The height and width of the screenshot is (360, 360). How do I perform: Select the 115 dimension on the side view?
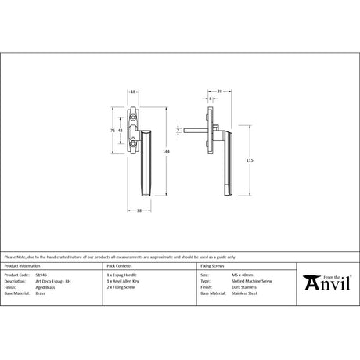click(249, 160)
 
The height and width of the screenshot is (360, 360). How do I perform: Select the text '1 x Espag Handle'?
click(120, 275)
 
